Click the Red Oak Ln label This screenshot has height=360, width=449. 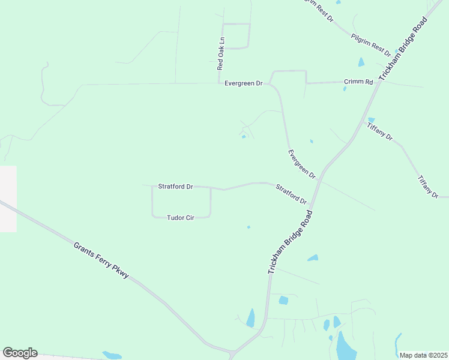click(x=221, y=55)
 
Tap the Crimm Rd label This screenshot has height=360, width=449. click(x=358, y=82)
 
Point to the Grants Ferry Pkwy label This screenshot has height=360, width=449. click(x=101, y=259)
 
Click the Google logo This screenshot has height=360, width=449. click(x=20, y=353)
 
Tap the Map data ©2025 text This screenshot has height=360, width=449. click(x=424, y=355)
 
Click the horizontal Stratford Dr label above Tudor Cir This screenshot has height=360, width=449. click(x=175, y=187)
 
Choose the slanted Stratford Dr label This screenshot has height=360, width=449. click(x=291, y=194)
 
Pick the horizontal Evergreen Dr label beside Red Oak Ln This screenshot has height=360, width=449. click(x=244, y=83)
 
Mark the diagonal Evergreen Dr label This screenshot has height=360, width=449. click(x=301, y=164)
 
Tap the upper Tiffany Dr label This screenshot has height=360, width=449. click(x=380, y=130)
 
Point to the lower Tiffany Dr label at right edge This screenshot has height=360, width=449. click(x=428, y=187)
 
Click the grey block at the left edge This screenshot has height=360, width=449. click(x=8, y=199)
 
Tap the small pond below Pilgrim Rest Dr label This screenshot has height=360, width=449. click(x=361, y=62)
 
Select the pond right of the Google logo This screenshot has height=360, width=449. click(x=112, y=355)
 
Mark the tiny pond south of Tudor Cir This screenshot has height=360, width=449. click(x=249, y=227)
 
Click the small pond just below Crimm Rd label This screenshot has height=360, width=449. click(x=345, y=89)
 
